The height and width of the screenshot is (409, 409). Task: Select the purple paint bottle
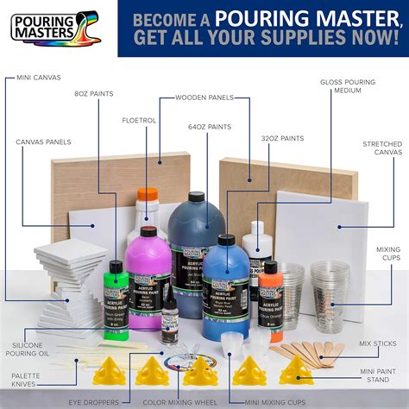147,273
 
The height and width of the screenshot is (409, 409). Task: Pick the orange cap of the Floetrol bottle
148,196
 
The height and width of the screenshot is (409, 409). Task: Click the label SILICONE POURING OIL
30,348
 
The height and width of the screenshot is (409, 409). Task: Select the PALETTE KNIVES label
30,381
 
